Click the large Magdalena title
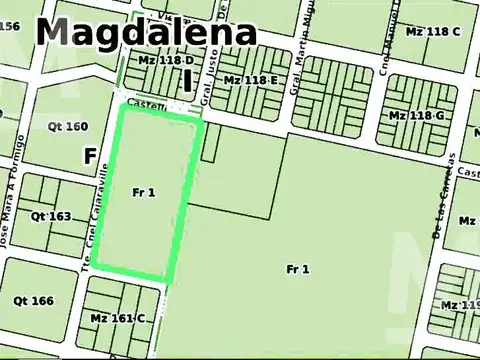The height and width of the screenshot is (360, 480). click(x=146, y=31)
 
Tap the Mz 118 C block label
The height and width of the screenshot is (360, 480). click(x=433, y=31)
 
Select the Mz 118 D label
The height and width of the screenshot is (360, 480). click(x=166, y=61)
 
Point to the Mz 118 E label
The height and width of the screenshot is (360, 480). click(x=250, y=79)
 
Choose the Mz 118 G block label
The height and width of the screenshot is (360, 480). click(x=416, y=116)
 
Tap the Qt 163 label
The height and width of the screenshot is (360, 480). click(x=50, y=216)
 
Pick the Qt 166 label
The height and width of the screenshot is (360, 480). click(x=33, y=300)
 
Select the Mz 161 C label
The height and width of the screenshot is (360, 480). click(x=117, y=318)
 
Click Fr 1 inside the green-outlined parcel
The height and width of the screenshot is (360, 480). click(x=143, y=192)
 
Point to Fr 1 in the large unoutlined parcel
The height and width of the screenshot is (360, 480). click(x=297, y=269)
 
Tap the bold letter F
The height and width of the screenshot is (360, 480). click(x=90, y=156)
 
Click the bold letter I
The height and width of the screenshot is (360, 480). click(x=187, y=79)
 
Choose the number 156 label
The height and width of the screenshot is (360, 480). click(x=10, y=26)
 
